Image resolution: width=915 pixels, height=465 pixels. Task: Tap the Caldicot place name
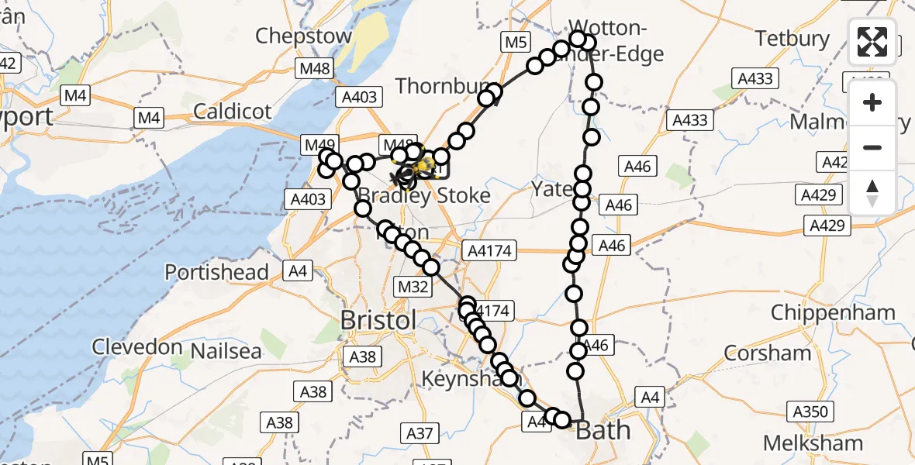click(233, 112)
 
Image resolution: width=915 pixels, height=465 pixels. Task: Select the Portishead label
click(216, 273)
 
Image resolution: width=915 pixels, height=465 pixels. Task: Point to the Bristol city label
click(379, 319)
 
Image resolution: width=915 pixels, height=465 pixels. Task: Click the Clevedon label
click(136, 346)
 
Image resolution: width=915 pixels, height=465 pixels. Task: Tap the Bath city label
click(603, 430)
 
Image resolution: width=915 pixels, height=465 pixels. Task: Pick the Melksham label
click(813, 443)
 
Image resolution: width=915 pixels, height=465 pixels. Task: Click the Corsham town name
click(767, 353)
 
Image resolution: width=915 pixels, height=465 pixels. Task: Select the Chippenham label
click(833, 313)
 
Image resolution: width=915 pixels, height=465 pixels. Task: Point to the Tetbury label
click(792, 38)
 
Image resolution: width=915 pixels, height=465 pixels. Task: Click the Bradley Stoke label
click(435, 196)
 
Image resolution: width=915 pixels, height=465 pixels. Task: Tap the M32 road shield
click(413, 288)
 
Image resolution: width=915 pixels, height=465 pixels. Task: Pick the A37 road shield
click(419, 433)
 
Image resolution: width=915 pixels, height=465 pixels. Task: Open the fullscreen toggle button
click(872, 42)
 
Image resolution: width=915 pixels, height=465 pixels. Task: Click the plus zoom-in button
click(872, 102)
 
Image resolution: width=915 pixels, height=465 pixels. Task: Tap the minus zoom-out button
click(872, 147)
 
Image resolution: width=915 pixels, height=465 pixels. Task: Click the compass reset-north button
click(872, 192)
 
